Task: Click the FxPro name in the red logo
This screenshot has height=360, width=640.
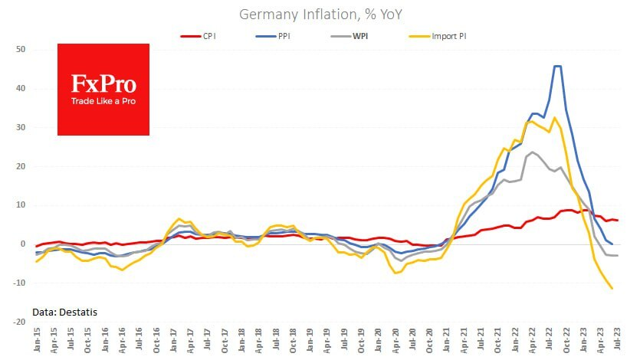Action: click(103, 82)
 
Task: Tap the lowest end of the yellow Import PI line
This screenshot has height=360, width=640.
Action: click(612, 289)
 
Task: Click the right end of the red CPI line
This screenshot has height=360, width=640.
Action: click(618, 221)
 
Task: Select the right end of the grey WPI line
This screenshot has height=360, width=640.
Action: click(618, 255)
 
